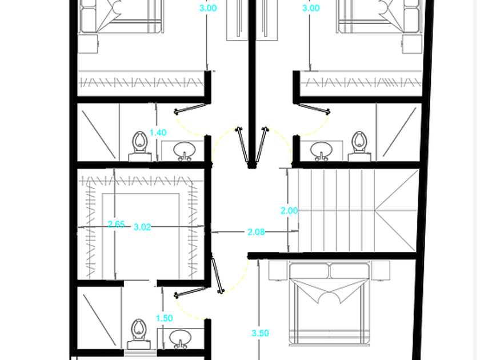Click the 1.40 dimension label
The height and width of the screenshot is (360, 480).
pos(158,133)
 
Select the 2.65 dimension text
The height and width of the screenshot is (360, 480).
pos(117,225)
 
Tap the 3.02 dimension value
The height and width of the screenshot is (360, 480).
pos(142,227)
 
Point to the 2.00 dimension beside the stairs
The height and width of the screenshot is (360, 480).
pos(289,211)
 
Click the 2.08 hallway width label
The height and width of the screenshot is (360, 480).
pos(256,232)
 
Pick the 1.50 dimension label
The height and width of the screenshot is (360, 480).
pos(165,318)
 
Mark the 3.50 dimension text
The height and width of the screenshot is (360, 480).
pos(260,333)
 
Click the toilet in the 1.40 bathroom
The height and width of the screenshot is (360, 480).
pos(140,146)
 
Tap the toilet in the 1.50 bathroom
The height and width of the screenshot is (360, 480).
pos(139,334)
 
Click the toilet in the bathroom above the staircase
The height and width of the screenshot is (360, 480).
pos(359,146)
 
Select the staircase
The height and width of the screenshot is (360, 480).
pos(357,211)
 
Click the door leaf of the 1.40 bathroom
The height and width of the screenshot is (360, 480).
pos(191,109)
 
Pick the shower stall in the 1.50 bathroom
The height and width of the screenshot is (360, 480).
pos(99,318)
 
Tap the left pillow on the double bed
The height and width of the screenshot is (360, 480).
pos(309,271)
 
